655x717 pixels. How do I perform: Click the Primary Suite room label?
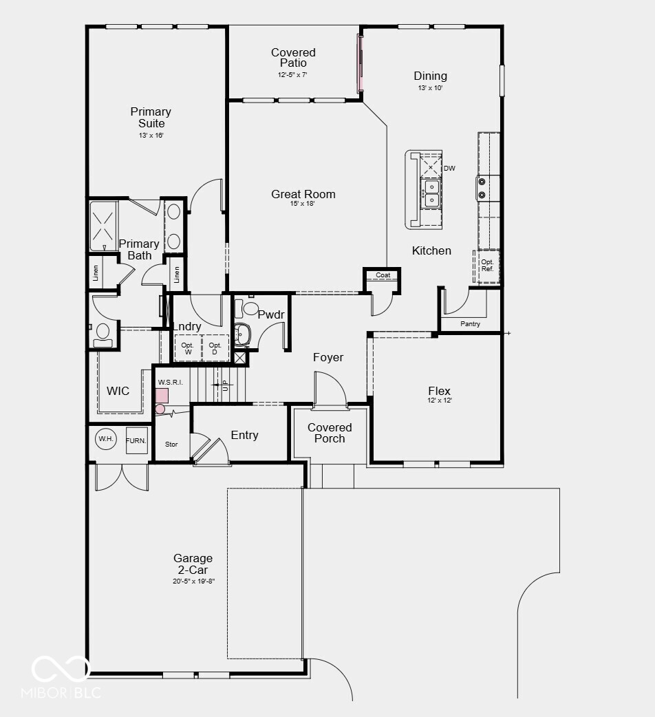[151, 118]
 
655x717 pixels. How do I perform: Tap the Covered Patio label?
[293, 58]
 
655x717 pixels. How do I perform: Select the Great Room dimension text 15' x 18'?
[303, 204]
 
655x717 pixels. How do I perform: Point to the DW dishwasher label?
[449, 168]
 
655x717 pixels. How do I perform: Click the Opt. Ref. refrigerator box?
[487, 266]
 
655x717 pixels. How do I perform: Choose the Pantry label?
[471, 323]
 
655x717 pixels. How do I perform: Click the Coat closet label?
[383, 275]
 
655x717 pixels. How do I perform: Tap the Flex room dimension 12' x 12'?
[439, 400]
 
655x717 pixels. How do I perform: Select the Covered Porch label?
[330, 433]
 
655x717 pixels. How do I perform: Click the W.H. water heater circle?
[105, 439]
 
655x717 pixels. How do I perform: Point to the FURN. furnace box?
[136, 440]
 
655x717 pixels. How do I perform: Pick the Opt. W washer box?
[187, 348]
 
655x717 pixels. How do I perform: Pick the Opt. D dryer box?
[215, 348]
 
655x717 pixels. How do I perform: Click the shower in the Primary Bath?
[104, 226]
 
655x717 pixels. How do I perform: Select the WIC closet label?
[118, 391]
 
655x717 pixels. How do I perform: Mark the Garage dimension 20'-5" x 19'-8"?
[193, 581]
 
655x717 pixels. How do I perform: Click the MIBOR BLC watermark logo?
[61, 677]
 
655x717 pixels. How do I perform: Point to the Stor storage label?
[171, 445]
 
